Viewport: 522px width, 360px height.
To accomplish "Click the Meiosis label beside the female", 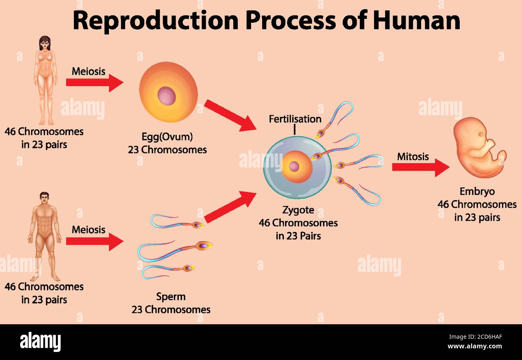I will (x=88, y=72).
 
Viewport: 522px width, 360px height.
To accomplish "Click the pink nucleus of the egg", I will (x=167, y=96).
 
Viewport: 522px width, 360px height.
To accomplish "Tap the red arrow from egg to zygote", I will (x=230, y=115).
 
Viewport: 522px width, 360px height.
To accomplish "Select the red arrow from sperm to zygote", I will (x=230, y=207).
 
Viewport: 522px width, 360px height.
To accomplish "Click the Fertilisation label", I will (x=295, y=119).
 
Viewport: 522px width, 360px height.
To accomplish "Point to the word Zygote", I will (x=298, y=210).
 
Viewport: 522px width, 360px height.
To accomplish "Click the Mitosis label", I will (x=413, y=157).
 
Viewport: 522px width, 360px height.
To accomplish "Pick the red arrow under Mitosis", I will (x=420, y=167).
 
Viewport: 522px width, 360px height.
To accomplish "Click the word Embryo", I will (x=477, y=192).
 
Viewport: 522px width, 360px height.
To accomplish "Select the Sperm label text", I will (x=171, y=297).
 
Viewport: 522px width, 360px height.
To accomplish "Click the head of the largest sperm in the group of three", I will (x=203, y=245).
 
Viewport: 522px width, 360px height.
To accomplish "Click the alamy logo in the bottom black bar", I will (x=40, y=342).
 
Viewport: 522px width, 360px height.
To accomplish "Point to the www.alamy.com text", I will (x=474, y=346).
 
